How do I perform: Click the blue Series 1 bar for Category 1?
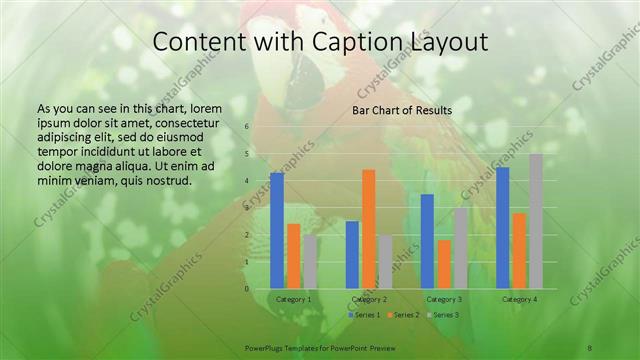277,230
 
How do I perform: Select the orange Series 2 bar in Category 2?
368,228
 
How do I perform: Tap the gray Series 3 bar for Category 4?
536,221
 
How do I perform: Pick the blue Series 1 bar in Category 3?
427,241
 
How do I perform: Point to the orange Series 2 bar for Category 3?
443,264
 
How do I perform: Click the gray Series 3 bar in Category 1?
310,262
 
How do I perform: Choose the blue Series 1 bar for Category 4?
503,228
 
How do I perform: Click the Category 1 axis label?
294,299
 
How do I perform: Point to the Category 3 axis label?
444,299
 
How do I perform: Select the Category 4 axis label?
519,299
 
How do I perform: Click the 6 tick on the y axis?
246,127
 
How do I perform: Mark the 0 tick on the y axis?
246,289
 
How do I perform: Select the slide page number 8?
590,347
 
